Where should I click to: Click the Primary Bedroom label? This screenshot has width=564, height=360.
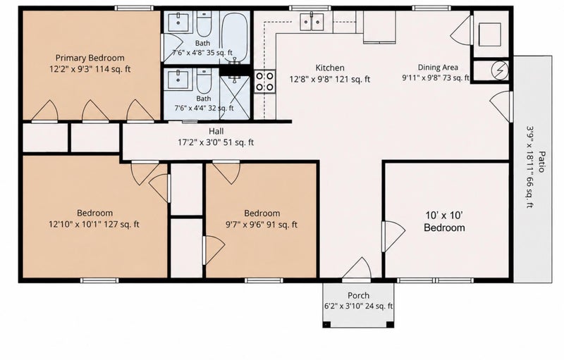90,58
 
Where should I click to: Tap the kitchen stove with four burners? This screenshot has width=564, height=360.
265,81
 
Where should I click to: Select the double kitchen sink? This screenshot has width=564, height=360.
312,21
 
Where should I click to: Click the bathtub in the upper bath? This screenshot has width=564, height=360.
235,37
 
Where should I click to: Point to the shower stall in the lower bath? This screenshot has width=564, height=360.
235,97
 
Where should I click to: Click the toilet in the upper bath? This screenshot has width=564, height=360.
204,24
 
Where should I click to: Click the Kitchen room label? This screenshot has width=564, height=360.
330,68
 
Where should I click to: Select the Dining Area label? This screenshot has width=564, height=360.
438,67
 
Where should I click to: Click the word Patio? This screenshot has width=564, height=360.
541,161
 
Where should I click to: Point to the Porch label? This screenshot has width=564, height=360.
358,295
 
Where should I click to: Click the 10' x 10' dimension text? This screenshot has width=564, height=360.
444,215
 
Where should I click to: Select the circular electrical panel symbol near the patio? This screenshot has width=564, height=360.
500,70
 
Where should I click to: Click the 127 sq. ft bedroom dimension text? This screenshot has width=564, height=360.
94,225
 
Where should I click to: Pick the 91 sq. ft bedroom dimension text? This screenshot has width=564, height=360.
262,225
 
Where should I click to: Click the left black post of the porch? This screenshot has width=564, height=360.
327,324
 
